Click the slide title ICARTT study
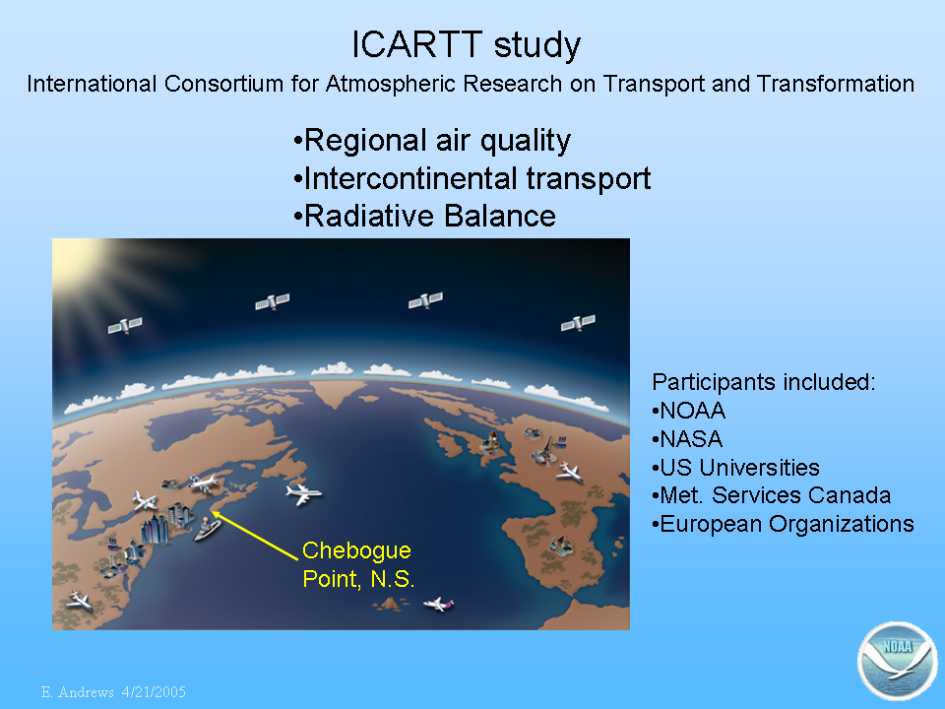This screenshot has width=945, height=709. click(466, 45)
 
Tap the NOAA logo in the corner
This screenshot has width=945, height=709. click(898, 661)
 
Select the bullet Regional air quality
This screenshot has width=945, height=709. click(431, 141)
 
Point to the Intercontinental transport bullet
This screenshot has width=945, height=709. click(472, 178)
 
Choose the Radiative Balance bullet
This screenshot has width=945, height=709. click(424, 216)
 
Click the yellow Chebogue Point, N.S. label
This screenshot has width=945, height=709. click(358, 564)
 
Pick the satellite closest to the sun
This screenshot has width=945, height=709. click(125, 325)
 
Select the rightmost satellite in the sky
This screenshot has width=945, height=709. click(578, 323)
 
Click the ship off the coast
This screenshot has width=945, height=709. click(208, 529)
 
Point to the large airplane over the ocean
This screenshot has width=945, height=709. click(304, 493)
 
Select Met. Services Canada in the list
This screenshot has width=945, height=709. click(772, 495)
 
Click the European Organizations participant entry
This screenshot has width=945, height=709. click(783, 524)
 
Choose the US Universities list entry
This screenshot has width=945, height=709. click(736, 467)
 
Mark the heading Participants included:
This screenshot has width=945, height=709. click(764, 382)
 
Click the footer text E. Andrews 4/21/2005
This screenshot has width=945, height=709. click(113, 691)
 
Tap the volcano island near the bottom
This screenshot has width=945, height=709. click(390, 603)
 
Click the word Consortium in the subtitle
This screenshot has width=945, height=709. click(223, 84)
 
